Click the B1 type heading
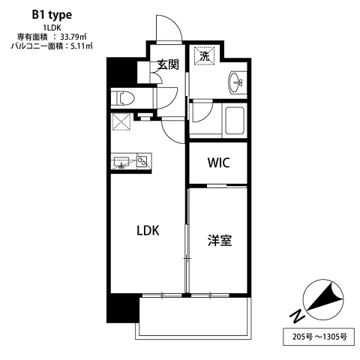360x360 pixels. point(52,16)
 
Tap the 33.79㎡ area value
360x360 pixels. point(73,37)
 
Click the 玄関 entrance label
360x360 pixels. point(168,64)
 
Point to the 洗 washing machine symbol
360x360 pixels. point(205,56)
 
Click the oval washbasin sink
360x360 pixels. point(235,82)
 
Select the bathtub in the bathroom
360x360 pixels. point(235,121)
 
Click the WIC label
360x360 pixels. point(218,163)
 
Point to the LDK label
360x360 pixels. point(148,230)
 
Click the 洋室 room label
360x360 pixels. point(220,240)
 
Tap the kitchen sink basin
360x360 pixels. point(121,162)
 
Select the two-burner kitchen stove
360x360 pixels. point(142,161)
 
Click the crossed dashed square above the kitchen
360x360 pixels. point(121,121)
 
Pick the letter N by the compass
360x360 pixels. point(297,316)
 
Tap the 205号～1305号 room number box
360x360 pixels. point(319,337)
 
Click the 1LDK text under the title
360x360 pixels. point(52,28)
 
